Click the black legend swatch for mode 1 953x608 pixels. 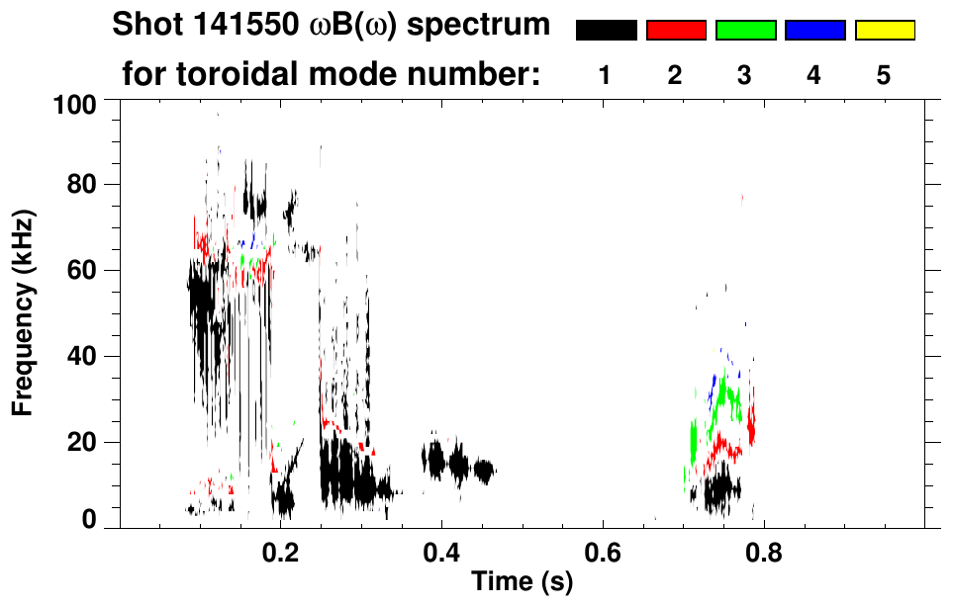coord(606,31)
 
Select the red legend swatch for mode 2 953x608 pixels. coord(676,31)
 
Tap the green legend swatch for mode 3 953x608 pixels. coord(745,31)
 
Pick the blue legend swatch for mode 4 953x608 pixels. coord(814,31)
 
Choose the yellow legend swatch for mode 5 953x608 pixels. coord(884,31)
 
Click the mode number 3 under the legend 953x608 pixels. coord(744,75)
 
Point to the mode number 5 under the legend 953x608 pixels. coord(884,75)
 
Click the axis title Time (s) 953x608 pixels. coord(522,583)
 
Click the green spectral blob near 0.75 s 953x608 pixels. coord(729,395)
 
